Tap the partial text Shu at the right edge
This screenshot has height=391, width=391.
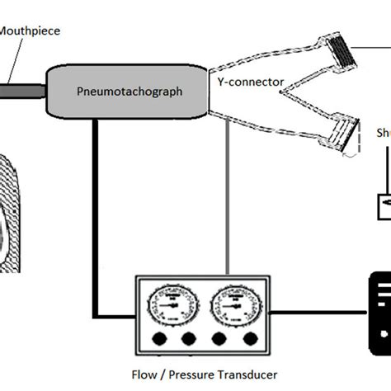click(x=383, y=134)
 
